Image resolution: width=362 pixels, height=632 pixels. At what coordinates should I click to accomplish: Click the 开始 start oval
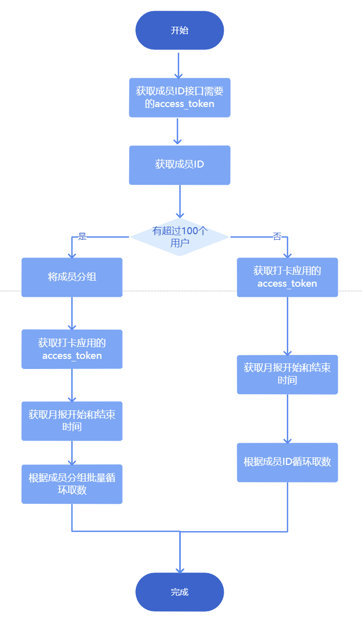[179, 30]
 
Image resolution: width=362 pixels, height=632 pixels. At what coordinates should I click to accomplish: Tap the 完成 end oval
[179, 592]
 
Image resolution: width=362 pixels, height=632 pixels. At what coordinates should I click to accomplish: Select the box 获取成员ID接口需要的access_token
[179, 97]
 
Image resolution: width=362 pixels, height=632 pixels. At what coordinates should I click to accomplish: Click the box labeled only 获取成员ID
[179, 165]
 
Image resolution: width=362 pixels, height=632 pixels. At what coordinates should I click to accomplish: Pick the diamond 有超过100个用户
[179, 237]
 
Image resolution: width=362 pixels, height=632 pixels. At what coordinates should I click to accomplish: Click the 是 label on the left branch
[82, 236]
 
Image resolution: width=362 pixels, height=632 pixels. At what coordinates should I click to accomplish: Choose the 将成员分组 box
[72, 277]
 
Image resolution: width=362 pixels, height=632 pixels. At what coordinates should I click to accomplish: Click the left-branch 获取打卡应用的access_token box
[72, 349]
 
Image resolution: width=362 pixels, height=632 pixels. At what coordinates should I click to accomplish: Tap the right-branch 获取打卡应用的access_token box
[287, 277]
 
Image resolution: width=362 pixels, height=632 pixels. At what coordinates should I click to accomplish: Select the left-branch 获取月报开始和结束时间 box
[72, 421]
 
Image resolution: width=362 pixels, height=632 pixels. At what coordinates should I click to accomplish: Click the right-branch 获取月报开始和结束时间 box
[287, 374]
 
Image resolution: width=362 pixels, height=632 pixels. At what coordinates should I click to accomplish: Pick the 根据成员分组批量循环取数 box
[72, 484]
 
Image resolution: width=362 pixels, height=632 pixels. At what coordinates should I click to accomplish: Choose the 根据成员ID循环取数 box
[287, 462]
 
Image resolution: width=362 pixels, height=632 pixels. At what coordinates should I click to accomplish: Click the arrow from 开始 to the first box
[178, 64]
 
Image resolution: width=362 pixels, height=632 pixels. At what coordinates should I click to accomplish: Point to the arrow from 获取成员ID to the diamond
[180, 201]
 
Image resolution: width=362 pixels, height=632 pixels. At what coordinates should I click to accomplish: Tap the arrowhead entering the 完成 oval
[180, 569]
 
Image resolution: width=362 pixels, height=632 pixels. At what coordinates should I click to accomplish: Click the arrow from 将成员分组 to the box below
[72, 313]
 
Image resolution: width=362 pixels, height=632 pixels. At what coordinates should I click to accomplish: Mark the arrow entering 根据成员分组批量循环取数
[72, 453]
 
